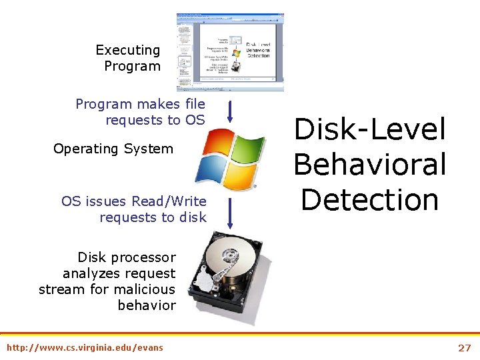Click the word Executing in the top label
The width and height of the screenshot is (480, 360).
127,50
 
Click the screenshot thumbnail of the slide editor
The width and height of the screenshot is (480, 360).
230,52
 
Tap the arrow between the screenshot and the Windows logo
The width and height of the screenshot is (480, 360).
229,112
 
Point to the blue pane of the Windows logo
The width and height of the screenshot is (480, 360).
213,169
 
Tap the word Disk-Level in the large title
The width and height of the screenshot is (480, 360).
369,129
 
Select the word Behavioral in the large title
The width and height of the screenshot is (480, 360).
369,164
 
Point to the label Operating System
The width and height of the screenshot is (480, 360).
113,149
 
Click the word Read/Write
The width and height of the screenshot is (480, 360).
169,201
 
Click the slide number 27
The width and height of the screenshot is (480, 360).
464,347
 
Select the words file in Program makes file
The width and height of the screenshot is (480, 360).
193,104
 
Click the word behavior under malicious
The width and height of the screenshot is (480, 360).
147,305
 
